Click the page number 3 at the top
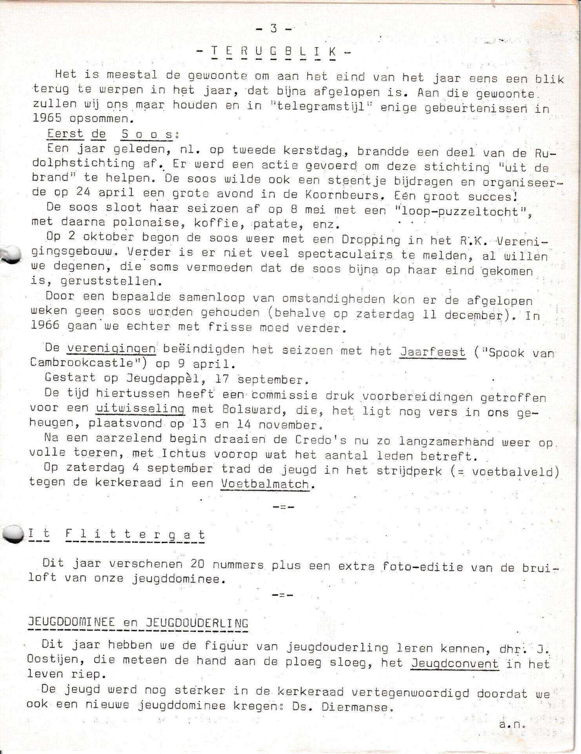click(x=273, y=28)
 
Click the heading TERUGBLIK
click(x=273, y=51)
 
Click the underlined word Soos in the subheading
click(x=147, y=134)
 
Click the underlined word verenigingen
click(x=111, y=348)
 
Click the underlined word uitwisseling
click(x=140, y=408)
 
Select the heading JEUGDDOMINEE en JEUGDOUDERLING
click(x=138, y=623)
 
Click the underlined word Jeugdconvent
click(x=455, y=664)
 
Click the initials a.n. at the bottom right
click(x=512, y=725)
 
